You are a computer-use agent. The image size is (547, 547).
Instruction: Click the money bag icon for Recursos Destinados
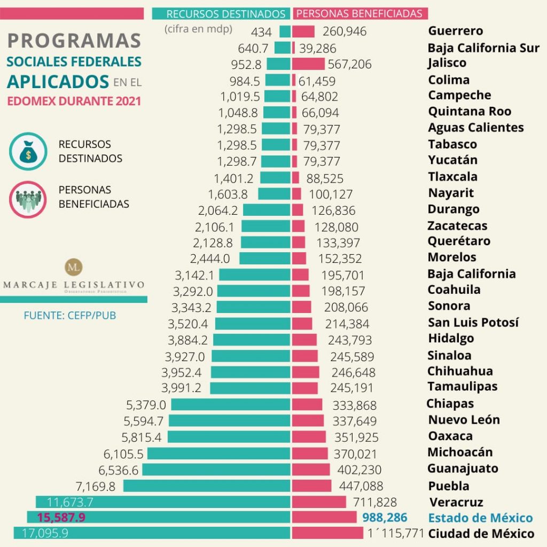point(28,151)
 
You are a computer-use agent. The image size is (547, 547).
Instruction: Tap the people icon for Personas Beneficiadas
point(28,198)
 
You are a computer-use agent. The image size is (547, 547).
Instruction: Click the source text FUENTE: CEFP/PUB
point(69,315)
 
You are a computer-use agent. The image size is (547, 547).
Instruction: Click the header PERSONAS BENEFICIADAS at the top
point(359,14)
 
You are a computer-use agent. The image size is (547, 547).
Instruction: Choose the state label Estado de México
point(480,518)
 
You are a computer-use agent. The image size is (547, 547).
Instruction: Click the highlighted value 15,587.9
point(61,517)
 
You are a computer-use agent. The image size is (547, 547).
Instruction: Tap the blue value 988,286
point(385,517)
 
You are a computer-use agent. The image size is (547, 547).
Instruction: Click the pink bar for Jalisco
point(308,64)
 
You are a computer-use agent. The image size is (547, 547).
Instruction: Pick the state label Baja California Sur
point(483,48)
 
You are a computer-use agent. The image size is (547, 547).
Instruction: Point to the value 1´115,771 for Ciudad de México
point(396,533)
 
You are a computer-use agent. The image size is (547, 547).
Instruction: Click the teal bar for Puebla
point(206,486)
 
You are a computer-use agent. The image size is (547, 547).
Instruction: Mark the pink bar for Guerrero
point(303,32)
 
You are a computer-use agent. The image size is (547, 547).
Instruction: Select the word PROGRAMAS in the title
point(75,41)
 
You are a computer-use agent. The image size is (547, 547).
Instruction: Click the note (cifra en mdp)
point(198,29)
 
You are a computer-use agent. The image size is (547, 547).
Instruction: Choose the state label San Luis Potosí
point(473,323)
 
